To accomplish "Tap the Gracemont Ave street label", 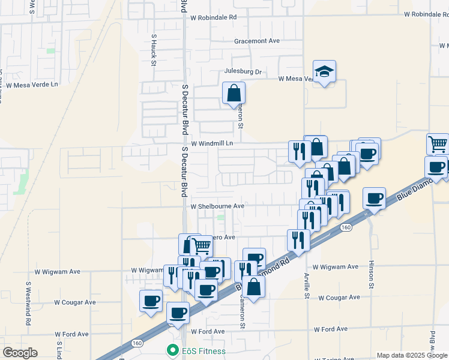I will [257, 41].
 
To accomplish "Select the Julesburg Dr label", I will [243, 72].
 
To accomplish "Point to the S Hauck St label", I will [154, 49].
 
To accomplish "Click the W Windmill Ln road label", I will [211, 144].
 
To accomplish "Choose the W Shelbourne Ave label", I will [217, 206].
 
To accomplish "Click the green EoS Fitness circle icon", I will [172, 350].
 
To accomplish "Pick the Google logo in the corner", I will [19, 353].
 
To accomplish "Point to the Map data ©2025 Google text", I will [412, 355].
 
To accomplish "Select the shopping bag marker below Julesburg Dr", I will [234, 94].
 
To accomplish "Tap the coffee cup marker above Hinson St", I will [374, 199].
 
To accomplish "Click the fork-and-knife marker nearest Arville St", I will [298, 241].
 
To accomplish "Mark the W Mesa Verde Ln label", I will [32, 85].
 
